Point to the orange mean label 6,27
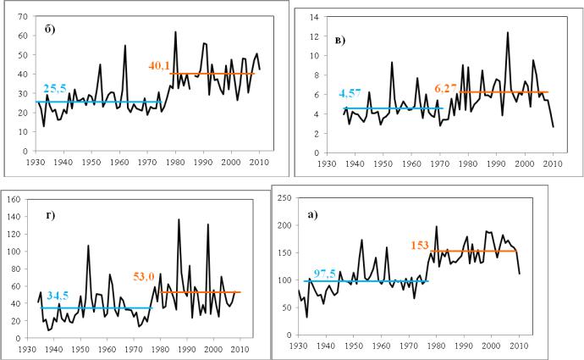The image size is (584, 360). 448,86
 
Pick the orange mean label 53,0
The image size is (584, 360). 172,276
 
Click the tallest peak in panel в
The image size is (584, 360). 508,32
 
